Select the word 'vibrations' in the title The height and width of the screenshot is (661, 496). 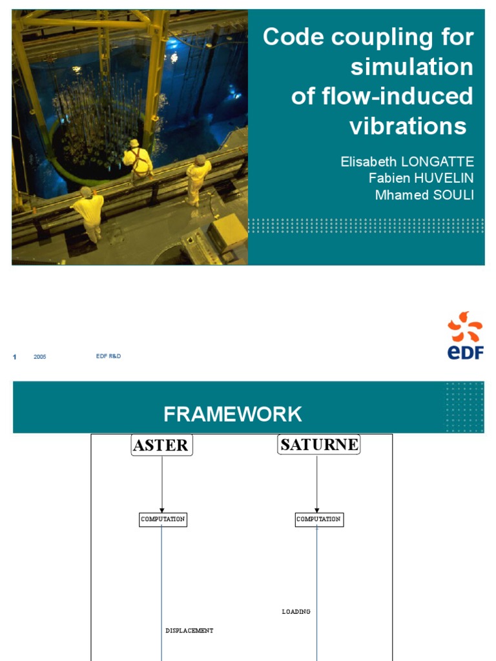coord(408,126)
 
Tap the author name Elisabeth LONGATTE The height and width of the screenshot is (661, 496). coord(407,162)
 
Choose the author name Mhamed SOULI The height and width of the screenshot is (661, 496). coord(424,195)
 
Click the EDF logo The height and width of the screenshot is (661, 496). coord(466,336)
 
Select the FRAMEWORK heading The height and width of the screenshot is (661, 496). coord(232,414)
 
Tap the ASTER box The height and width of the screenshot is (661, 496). coord(161,445)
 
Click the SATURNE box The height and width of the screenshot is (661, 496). coord(319,444)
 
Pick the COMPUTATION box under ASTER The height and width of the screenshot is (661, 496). coord(163,519)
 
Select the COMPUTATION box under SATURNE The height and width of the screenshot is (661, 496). coord(319,519)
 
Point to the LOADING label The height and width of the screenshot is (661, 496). coord(296,611)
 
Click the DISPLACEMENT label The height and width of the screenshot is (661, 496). coord(189,631)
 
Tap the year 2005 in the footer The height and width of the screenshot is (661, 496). coord(40,357)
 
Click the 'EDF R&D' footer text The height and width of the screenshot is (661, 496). coord(108,356)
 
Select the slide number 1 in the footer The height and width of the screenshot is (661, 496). coord(14,357)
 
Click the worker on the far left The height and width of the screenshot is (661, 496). coord(89,212)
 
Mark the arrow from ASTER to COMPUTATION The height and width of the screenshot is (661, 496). coord(162,484)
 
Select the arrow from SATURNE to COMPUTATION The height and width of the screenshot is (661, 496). coord(317,484)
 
